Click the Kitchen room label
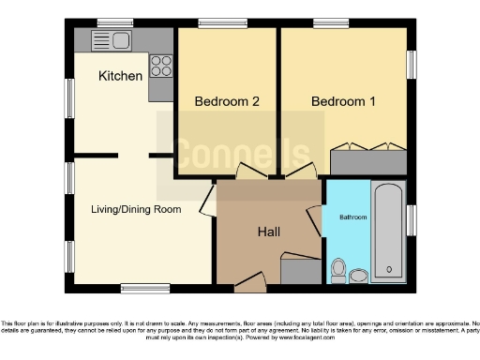click(121, 75)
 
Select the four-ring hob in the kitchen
click(161, 67)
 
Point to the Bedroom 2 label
click(226, 101)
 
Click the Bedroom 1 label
click(343, 101)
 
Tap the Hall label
click(270, 231)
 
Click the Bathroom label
click(352, 217)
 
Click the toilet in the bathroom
click(338, 271)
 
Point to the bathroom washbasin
click(358, 275)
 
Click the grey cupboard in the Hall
click(301, 272)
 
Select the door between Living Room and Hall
click(207, 202)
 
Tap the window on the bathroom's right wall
click(411, 220)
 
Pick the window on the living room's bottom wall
click(139, 288)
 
